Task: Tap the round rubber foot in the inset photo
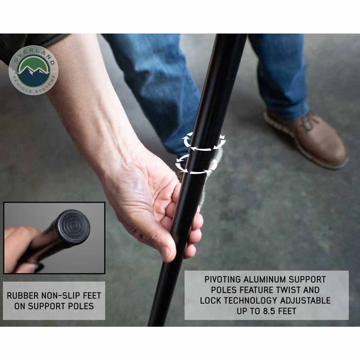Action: click(x=73, y=227)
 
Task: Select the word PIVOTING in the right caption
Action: click(x=223, y=279)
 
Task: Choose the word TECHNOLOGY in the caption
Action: click(x=251, y=301)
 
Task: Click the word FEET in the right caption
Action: click(x=287, y=311)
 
